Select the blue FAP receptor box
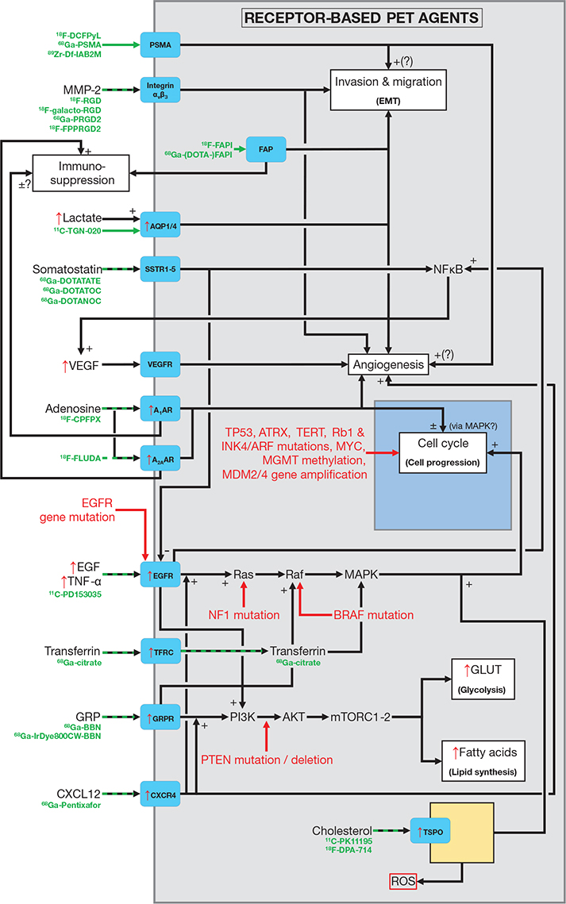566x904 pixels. pyautogui.click(x=265, y=148)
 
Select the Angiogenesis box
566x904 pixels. pyautogui.click(x=388, y=365)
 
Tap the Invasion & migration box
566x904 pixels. pyautogui.click(x=387, y=88)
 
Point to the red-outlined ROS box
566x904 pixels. pyautogui.click(x=402, y=880)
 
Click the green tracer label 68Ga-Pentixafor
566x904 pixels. pyautogui.click(x=77, y=805)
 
